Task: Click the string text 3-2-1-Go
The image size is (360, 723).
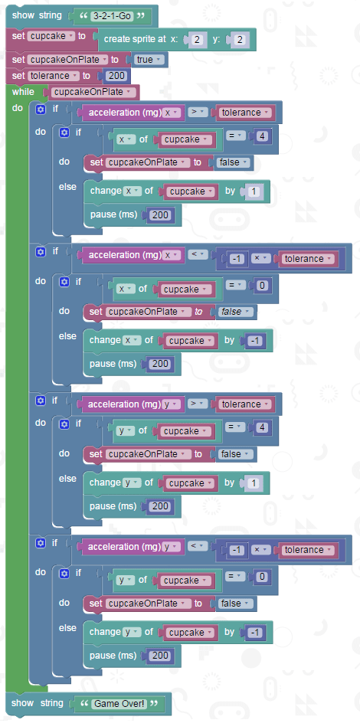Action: tap(112, 16)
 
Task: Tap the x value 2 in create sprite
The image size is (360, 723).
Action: tap(197, 40)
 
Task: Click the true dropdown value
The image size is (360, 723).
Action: tap(148, 60)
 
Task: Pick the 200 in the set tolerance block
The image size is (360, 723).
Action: tap(117, 76)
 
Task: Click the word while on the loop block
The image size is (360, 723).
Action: tap(23, 92)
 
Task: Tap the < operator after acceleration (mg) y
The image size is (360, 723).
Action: tap(197, 546)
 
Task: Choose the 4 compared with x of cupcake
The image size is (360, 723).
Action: tap(261, 136)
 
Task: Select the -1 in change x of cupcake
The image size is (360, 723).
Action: tap(254, 341)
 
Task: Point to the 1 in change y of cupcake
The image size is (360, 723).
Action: tap(253, 483)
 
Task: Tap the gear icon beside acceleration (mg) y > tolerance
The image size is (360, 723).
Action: tap(41, 401)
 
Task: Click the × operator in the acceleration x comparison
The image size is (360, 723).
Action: tap(260, 259)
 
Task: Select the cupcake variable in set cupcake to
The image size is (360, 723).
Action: tap(51, 35)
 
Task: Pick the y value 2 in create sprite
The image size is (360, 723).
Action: tap(240, 40)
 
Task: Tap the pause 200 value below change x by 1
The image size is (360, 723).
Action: tap(160, 214)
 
